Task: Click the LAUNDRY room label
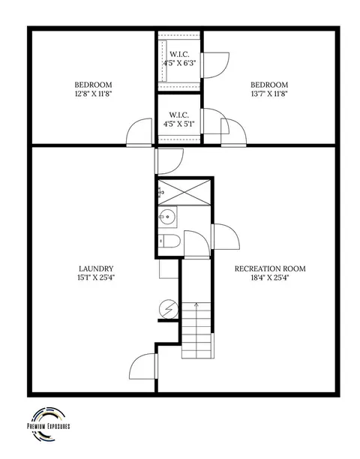[96, 268]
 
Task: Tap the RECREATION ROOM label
[270, 268]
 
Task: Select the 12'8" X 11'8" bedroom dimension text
[94, 94]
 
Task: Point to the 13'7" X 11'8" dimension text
[270, 94]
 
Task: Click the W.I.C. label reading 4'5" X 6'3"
[179, 58]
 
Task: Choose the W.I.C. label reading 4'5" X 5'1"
[178, 119]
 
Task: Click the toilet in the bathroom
[169, 241]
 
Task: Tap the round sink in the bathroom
[168, 217]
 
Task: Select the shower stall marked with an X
[184, 192]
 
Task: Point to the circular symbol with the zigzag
[169, 308]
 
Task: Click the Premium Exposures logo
[48, 424]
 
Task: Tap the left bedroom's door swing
[139, 132]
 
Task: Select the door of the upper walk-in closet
[215, 65]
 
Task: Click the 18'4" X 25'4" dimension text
[270, 277]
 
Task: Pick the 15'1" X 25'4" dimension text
[96, 277]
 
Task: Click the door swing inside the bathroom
[197, 244]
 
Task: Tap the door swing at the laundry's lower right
[143, 366]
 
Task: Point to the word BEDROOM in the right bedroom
[269, 85]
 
